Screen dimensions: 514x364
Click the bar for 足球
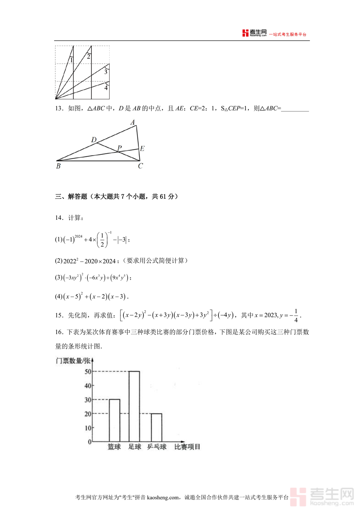click(134, 406)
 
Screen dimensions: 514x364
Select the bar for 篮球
click(114, 420)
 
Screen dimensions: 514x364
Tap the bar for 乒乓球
click(156, 427)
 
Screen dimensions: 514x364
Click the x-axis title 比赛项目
click(187, 447)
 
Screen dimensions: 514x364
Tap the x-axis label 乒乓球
click(157, 447)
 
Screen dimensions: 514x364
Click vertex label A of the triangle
click(132, 122)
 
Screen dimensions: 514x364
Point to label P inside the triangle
click(119, 148)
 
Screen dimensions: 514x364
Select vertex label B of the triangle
click(58, 166)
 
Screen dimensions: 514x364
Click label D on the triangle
click(94, 140)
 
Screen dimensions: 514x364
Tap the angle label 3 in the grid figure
click(106, 72)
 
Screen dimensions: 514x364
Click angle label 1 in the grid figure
click(71, 60)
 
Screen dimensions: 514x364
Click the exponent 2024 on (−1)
click(78, 235)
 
